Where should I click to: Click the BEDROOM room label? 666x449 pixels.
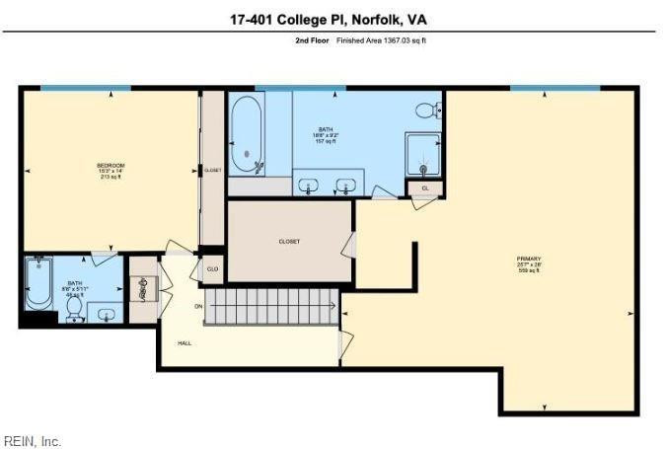click(x=110, y=165)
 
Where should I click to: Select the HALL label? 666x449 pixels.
click(x=185, y=342)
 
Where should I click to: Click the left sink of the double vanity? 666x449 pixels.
click(x=308, y=185)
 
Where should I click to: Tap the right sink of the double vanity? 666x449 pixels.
click(x=346, y=185)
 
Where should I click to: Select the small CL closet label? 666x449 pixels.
click(x=425, y=187)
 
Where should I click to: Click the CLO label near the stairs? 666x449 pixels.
click(x=212, y=267)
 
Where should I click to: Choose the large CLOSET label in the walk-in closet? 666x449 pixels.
click(x=289, y=241)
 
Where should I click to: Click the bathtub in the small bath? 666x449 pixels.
click(x=38, y=282)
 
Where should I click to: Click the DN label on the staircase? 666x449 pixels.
click(x=198, y=307)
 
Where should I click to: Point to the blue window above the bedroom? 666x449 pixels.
click(x=85, y=88)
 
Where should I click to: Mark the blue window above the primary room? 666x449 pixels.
click(x=555, y=88)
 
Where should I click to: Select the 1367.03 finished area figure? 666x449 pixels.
click(x=394, y=40)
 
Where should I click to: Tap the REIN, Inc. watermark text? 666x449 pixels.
click(x=33, y=441)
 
